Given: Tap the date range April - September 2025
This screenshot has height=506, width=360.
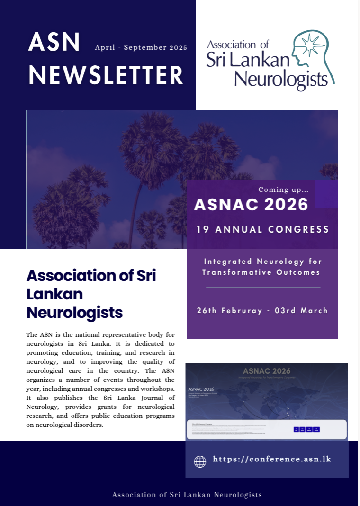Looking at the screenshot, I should pyautogui.click(x=141, y=47).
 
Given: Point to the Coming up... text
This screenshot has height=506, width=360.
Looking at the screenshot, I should pyautogui.click(x=283, y=190).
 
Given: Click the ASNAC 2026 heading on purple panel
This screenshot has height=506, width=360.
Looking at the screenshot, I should pyautogui.click(x=251, y=204).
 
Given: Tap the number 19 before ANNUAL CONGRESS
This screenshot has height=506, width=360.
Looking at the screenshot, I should pyautogui.click(x=202, y=230).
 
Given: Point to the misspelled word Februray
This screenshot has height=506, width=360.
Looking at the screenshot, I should pyautogui.click(x=242, y=311).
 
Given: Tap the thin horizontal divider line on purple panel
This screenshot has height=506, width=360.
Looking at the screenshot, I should pyautogui.click(x=263, y=287).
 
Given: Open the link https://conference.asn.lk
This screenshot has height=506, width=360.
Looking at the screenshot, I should pyautogui.click(x=272, y=459).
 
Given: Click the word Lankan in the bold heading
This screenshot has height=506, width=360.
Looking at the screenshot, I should pyautogui.click(x=54, y=294).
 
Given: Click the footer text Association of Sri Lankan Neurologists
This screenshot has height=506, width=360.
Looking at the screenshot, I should pyautogui.click(x=187, y=495).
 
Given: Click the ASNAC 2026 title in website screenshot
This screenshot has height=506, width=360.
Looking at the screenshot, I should pyautogui.click(x=266, y=371).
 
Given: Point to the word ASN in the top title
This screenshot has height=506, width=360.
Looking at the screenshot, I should pyautogui.click(x=54, y=44).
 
